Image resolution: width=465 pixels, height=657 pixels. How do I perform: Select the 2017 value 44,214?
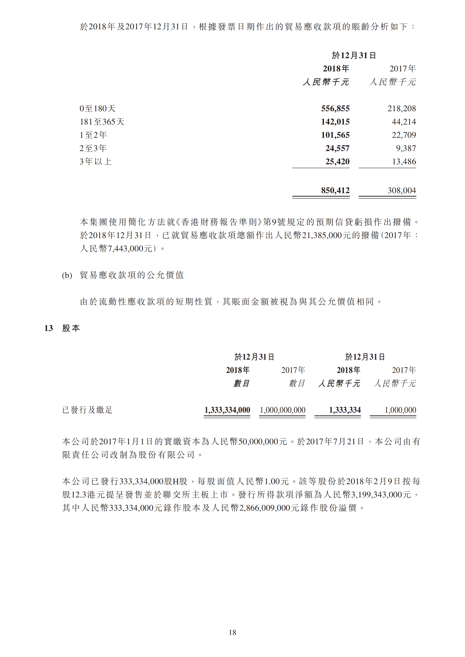tap(404, 122)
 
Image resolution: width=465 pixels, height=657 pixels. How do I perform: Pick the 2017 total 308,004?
tap(402, 191)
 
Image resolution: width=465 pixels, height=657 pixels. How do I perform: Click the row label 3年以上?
tap(95, 162)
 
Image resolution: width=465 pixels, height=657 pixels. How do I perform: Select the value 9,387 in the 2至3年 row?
tap(406, 148)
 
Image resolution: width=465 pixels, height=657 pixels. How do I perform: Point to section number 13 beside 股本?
tap(48, 328)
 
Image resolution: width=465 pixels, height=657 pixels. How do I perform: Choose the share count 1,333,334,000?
tap(227, 410)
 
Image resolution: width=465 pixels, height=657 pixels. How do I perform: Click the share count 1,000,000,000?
tap(282, 410)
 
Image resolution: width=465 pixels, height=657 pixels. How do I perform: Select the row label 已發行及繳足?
tap(87, 410)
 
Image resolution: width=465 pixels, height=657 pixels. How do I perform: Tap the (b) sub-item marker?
tap(67, 275)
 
